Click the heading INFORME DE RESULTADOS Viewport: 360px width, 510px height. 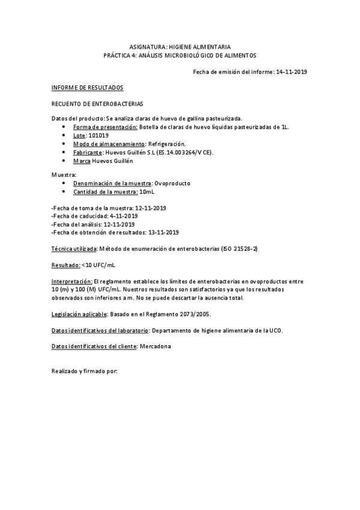pos(87,88)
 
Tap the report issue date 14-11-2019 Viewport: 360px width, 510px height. pos(291,72)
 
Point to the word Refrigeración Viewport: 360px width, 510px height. pos(166,144)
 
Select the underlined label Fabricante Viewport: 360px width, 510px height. pos(87,153)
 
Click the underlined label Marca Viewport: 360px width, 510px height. pos(82,161)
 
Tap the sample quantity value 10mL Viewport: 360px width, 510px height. pos(147,191)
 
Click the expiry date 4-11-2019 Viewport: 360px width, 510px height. pos(124,215)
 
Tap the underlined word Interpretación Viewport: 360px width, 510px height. pos(72,281)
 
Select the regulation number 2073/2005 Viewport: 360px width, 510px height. pos(193,314)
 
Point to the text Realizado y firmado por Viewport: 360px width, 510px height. pos(85,371)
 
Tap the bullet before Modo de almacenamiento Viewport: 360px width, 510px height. pos(64,144)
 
